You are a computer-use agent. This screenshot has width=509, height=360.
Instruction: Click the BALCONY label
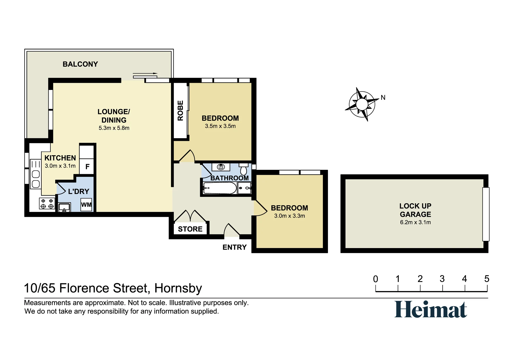80,64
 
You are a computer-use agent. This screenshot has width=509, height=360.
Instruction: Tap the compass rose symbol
362,104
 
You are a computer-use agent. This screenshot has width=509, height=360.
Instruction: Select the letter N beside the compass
383,98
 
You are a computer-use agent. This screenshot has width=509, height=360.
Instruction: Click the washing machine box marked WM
86,205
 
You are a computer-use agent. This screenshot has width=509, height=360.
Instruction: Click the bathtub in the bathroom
220,188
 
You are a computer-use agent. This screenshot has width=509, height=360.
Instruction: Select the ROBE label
180,111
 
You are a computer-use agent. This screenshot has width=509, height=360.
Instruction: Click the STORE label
190,229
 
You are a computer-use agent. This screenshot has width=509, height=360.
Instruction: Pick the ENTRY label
235,247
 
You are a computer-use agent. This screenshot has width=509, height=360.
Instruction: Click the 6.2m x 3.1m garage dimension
415,222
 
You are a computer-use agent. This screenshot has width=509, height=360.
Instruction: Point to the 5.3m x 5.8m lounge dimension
114,128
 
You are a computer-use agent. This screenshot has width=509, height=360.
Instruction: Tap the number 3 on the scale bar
442,279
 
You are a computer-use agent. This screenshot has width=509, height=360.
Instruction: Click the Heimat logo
431,309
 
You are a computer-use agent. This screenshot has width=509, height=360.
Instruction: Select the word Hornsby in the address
178,288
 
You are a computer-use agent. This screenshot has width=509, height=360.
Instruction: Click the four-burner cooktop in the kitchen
47,204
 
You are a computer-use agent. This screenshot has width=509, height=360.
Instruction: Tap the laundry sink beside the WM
64,207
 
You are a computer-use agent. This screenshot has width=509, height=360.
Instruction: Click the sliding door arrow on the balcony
145,73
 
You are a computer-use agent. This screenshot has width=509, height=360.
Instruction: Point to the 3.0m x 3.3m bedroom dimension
289,216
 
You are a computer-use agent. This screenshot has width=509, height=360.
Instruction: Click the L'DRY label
78,191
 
